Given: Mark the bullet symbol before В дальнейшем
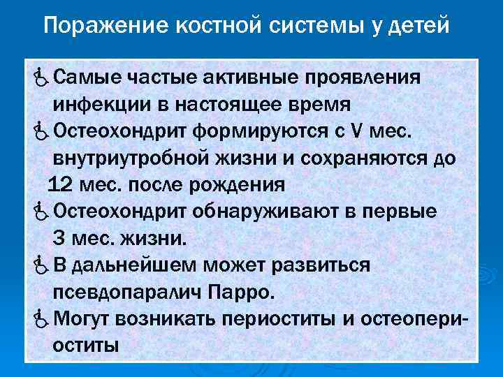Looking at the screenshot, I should pos(40,266).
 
